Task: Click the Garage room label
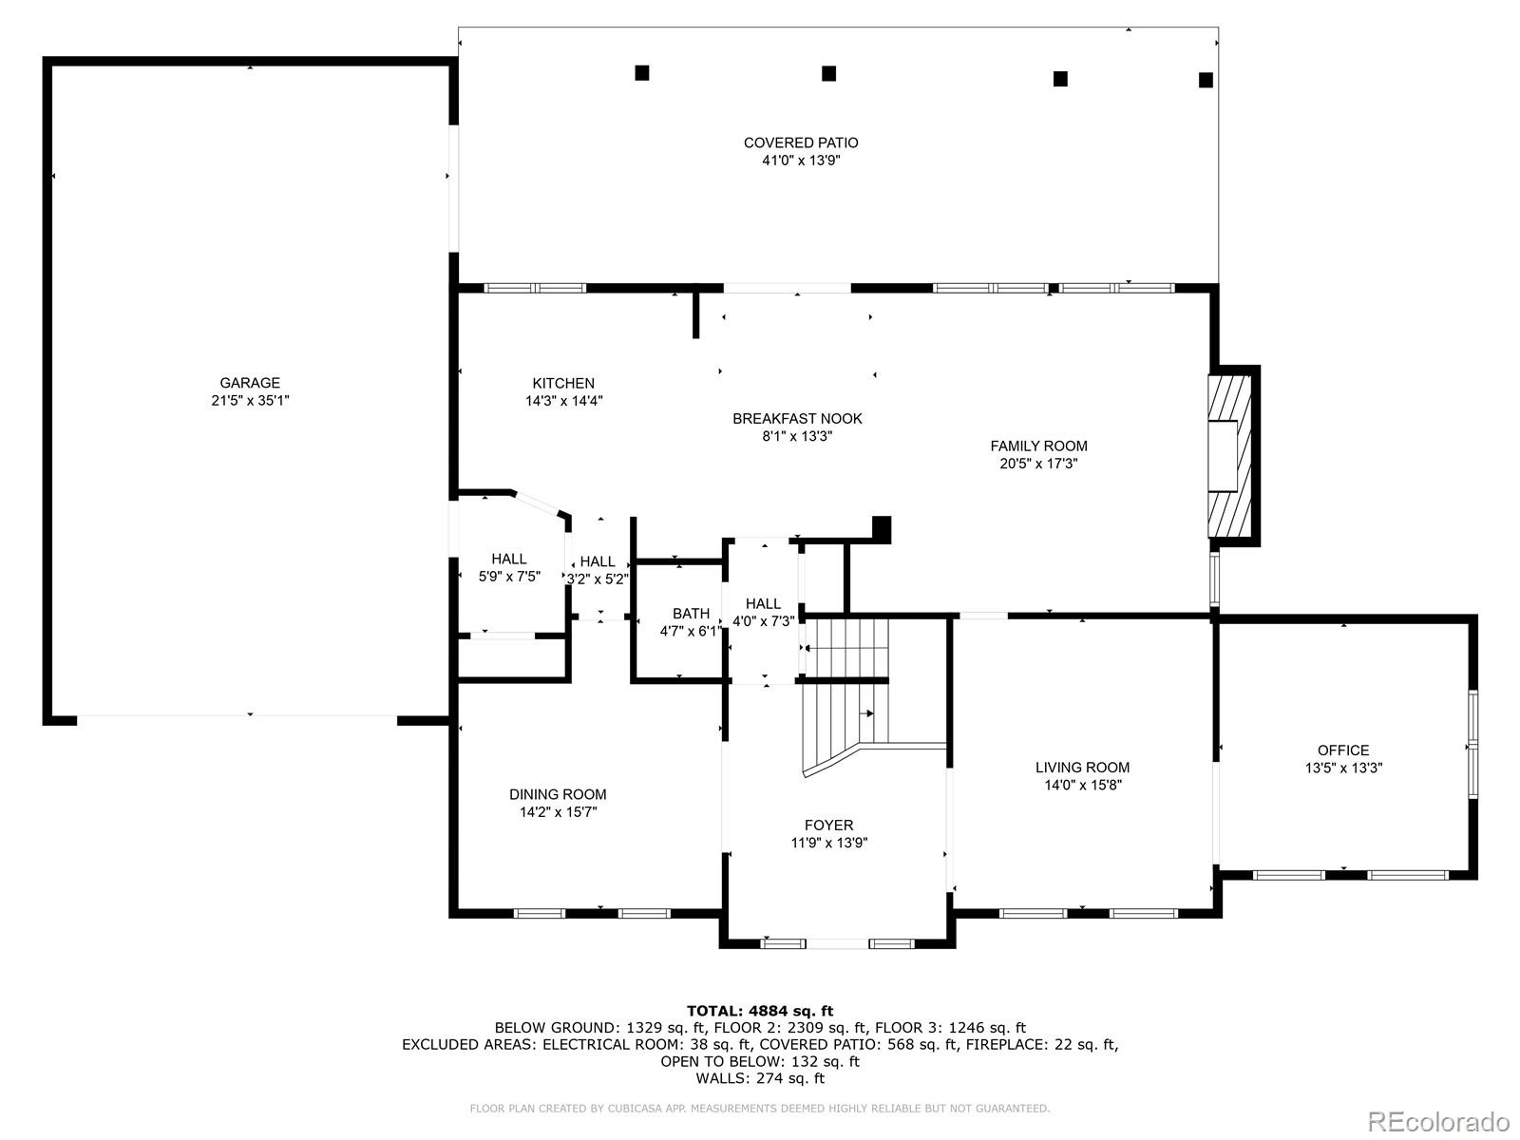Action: coord(250,383)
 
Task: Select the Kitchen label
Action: coord(563,383)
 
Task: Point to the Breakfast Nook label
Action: coord(797,418)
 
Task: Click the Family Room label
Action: coord(1038,446)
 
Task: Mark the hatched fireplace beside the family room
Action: coord(1231,456)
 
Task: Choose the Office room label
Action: coord(1343,750)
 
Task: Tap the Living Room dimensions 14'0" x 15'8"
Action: coord(1082,786)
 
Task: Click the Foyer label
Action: coord(828,825)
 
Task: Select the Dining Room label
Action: coord(558,794)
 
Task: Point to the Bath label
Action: coord(691,613)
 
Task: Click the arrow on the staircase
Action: coord(866,712)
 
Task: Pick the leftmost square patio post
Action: coord(642,73)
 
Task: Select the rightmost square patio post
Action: coord(1206,80)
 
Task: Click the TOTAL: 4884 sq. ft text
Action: coord(760,1011)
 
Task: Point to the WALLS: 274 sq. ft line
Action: coord(760,1078)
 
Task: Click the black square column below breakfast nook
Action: coord(882,527)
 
